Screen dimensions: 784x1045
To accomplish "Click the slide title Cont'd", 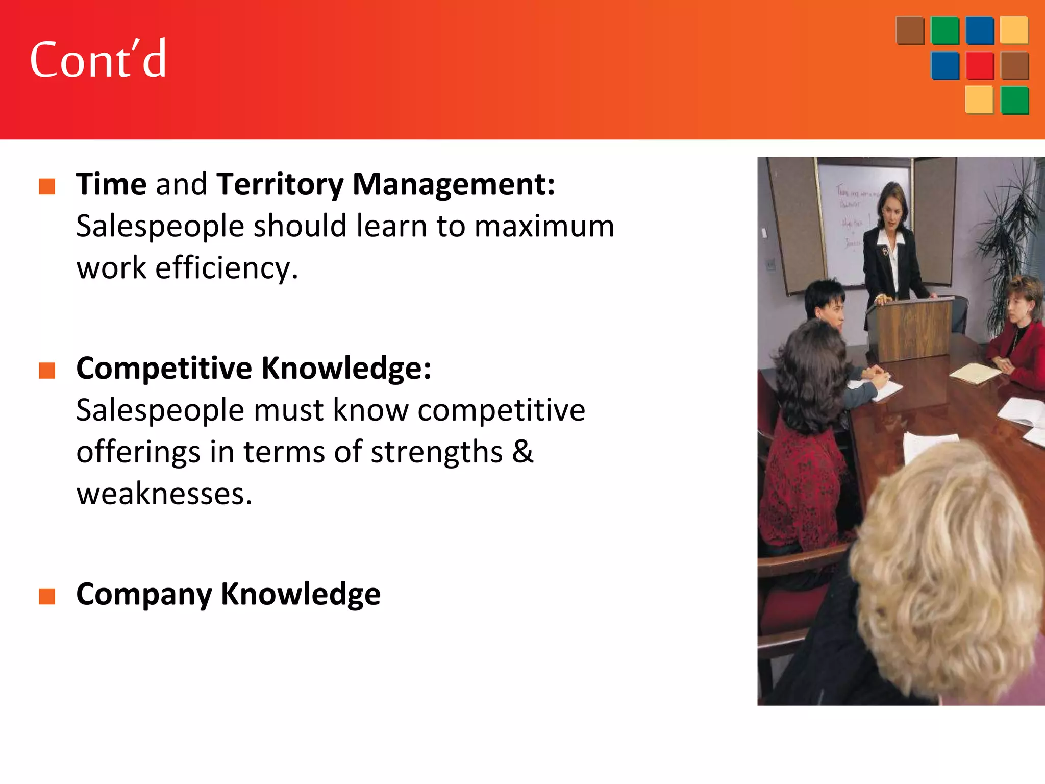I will tap(98, 60).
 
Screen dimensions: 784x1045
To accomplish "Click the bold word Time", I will tap(111, 184).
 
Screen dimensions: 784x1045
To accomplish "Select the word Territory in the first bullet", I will tap(280, 184).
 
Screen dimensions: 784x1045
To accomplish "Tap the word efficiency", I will tap(226, 268).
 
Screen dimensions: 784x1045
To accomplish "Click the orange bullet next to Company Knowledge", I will tap(47, 596).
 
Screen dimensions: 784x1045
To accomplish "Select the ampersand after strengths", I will tap(522, 452).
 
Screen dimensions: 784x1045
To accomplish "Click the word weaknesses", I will tap(164, 494).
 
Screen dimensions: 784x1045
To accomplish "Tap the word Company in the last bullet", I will tap(144, 595).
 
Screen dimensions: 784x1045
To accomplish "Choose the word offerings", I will tap(138, 452).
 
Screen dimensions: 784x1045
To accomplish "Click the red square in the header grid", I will tap(980, 66).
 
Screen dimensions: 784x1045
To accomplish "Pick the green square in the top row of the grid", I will tap(944, 31).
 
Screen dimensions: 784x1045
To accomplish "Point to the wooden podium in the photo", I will tap(911, 327).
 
